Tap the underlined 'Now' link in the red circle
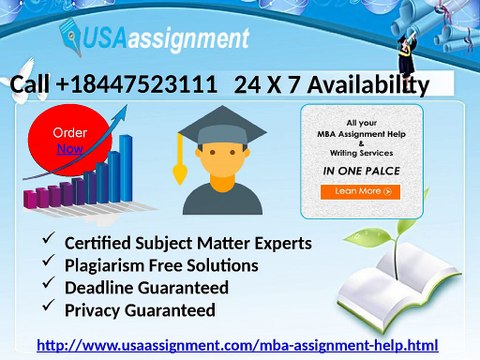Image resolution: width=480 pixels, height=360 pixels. coord(70,149)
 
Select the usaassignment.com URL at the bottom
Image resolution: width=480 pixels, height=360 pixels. coord(237,346)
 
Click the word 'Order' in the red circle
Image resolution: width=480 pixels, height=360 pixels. coord(70,133)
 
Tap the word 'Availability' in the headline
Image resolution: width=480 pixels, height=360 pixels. coord(366,86)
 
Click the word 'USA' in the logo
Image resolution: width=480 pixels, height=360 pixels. coord(110,41)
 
